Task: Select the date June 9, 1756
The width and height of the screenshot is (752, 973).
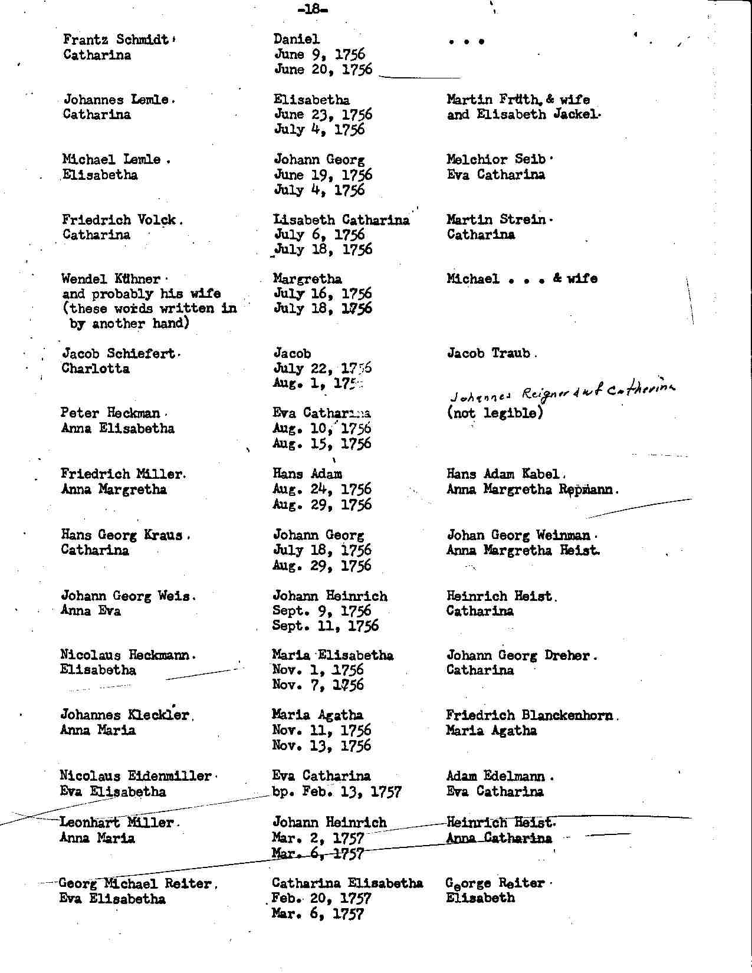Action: click(320, 55)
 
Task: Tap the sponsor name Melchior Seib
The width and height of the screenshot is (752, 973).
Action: click(498, 160)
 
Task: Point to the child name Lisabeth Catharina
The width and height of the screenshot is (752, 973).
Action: click(341, 220)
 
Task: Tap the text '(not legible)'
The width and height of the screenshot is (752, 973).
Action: click(494, 413)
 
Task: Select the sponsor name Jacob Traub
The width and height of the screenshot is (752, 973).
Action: click(490, 353)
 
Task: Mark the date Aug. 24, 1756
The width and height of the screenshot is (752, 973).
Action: click(322, 489)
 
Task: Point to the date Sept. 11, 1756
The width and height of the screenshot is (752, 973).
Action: click(325, 626)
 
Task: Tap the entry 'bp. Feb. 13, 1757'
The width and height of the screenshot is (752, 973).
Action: click(337, 791)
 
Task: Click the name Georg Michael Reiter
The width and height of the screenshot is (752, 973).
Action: click(136, 883)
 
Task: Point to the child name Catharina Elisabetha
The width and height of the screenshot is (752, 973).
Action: click(347, 883)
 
